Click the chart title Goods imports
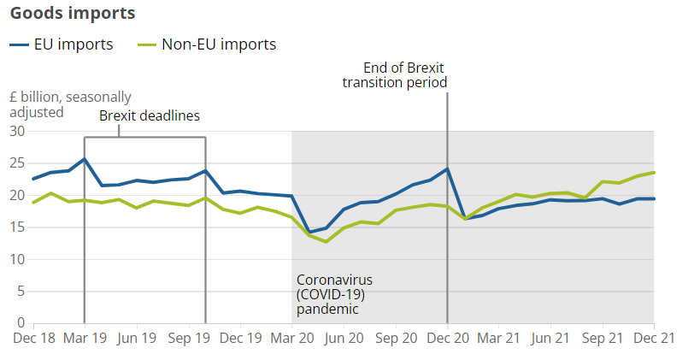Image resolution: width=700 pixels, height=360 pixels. (x=73, y=15)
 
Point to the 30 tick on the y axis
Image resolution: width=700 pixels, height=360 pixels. (x=17, y=132)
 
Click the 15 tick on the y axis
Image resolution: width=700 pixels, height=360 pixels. (x=17, y=227)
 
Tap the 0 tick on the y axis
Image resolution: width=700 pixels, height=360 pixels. (x=21, y=323)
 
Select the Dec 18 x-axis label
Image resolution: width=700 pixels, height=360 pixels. (x=33, y=338)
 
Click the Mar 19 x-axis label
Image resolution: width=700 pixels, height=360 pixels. (x=85, y=338)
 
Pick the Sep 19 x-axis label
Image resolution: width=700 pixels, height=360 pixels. (x=188, y=338)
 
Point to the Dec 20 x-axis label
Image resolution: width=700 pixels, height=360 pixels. (x=447, y=338)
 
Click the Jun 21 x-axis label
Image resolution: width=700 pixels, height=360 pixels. (x=550, y=338)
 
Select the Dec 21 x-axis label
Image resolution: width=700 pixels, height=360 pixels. (x=654, y=338)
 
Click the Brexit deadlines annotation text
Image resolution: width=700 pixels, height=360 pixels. (x=150, y=116)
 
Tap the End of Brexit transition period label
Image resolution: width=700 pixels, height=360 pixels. (x=395, y=75)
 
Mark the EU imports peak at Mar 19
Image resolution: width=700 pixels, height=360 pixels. (x=85, y=159)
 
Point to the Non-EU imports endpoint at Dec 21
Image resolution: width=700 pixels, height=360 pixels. (x=654, y=172)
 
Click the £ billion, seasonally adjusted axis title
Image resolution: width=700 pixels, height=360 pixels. (x=70, y=104)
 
